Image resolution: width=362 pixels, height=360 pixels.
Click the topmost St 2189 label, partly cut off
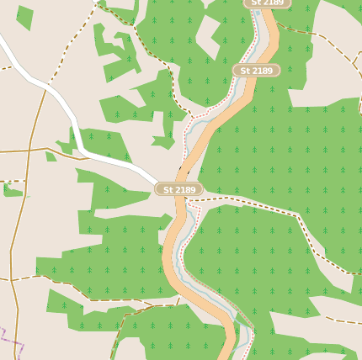point(267,3)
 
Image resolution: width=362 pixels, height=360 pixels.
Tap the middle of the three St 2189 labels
point(256,71)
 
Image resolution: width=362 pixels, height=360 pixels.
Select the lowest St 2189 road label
point(179,189)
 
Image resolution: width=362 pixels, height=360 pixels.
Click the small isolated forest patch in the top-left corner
point(24,16)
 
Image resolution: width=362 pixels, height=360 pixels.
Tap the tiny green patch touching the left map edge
point(11,190)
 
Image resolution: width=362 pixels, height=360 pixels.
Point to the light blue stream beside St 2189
point(193,222)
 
